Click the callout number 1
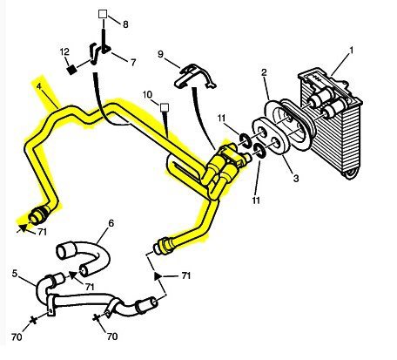pos(351,51)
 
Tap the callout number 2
pos(264,72)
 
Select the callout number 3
pos(296,178)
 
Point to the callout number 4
pos(39,86)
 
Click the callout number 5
pos(15,274)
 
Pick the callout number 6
pos(111,223)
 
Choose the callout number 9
pos(161,54)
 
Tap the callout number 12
pos(64,51)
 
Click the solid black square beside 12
pos(71,70)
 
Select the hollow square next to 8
pos(103,14)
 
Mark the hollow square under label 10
pos(165,107)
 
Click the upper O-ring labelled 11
pos(246,139)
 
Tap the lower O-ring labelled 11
pos(259,150)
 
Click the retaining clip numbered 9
pos(194,76)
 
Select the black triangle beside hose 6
pos(73,275)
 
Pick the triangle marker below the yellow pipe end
pos(158,275)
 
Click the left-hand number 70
pos(17,336)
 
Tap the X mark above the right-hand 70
pos(96,317)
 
